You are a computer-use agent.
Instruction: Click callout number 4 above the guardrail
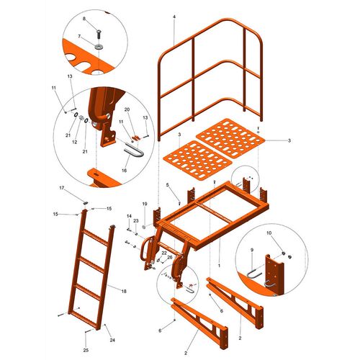[x=174, y=17]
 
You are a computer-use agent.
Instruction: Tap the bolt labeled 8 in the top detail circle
[x=99, y=34]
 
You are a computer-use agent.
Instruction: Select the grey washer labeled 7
[x=99, y=47]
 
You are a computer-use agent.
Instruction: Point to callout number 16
[x=124, y=171]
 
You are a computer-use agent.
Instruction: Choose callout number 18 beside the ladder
[x=124, y=292]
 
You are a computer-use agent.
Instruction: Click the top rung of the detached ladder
[x=96, y=238]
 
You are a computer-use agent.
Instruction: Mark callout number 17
[x=62, y=188]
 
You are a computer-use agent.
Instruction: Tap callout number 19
[x=145, y=204]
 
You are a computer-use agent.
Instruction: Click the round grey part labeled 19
[x=144, y=227]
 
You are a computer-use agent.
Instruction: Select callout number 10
[x=269, y=233]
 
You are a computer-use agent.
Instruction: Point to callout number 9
[x=252, y=250]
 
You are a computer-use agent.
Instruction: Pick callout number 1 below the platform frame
[x=219, y=266]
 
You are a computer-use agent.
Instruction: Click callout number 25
[x=86, y=350]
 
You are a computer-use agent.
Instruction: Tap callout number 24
[x=112, y=340]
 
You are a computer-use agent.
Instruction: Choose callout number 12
[x=75, y=142]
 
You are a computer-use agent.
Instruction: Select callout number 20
[x=127, y=109]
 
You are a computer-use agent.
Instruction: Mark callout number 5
[x=168, y=184]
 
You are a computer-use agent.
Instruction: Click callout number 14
[x=129, y=216]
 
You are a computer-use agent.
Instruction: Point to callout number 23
[x=136, y=221]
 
